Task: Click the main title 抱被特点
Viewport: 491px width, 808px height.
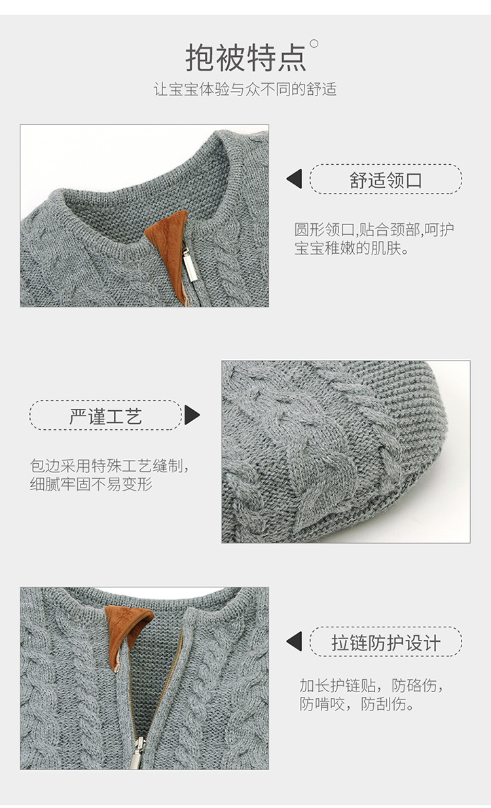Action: coord(245,58)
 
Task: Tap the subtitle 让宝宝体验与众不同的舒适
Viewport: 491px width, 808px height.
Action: coord(245,90)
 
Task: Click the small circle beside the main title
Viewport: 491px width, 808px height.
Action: coord(314,44)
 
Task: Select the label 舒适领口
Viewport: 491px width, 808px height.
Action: coord(386,179)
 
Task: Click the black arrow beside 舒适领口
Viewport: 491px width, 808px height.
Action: coord(295,179)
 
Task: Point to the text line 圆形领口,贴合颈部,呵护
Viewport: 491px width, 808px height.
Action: coord(374,230)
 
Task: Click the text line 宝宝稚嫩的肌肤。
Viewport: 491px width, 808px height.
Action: coord(352,249)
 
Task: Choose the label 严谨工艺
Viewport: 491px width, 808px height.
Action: coord(105,415)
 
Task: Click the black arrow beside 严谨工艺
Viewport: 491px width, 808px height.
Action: coord(192,415)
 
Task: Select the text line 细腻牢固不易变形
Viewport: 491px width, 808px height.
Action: coord(91,485)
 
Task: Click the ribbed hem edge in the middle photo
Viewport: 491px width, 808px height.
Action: coord(419,419)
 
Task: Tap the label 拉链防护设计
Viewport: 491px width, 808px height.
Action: coord(386,642)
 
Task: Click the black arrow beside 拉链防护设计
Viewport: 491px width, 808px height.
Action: coord(295,642)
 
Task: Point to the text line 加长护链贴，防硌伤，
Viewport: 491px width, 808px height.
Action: coord(371,686)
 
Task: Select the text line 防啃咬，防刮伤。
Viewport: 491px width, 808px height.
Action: coord(357,705)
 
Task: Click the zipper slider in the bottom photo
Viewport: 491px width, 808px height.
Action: coord(137,752)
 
